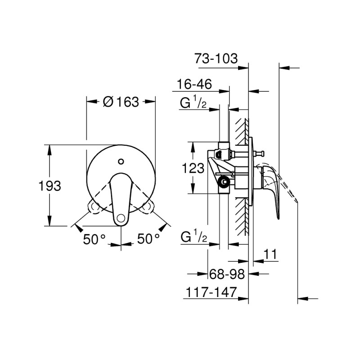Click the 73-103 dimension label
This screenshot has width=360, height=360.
215,59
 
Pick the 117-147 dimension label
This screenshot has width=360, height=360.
211,292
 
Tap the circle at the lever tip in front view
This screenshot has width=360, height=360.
121,219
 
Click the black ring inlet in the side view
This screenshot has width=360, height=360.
223,182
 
